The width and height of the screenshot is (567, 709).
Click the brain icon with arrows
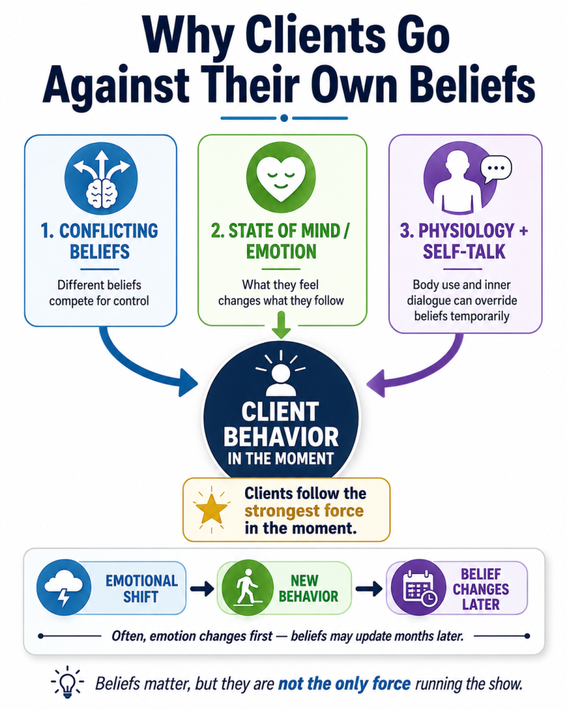101,178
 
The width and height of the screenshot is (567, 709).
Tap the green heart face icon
281,177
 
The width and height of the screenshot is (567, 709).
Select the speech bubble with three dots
496,169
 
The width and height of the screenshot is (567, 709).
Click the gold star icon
211,509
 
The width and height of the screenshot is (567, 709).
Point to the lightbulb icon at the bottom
68,682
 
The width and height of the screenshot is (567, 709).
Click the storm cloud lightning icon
64,588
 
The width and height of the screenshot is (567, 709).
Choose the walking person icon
247,588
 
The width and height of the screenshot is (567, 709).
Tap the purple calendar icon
418,588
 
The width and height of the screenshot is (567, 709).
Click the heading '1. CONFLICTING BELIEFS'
100,241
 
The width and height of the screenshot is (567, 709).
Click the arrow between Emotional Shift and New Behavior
201,589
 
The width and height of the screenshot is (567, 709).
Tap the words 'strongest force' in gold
304,511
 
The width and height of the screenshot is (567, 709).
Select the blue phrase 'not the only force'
344,683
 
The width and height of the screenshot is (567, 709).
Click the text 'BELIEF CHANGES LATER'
480,589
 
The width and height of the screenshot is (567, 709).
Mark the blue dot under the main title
284,118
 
